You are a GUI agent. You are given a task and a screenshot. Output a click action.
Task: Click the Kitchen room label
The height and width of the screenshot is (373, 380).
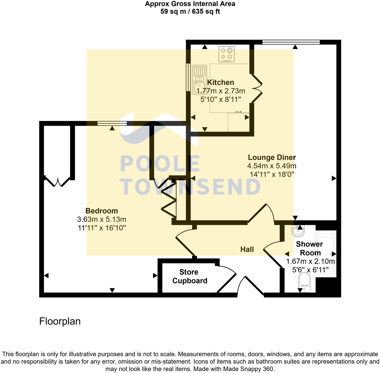pos(221,82)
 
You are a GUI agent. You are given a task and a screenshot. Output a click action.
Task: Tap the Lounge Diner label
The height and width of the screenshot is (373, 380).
pos(272,157)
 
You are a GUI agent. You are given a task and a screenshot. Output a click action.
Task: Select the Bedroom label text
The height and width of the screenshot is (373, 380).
pos(102,211)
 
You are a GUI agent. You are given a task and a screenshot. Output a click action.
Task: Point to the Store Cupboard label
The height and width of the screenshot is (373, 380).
pos(190,276)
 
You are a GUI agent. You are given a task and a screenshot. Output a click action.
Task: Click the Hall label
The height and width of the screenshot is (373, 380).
pos(247,249)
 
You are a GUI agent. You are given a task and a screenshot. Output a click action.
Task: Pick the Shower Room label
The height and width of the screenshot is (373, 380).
pos(309,248)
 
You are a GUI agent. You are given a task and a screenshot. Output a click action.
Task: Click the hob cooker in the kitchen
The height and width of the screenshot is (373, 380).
pos(226,54)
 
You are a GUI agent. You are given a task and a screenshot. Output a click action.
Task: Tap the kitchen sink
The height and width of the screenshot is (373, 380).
pos(199,80)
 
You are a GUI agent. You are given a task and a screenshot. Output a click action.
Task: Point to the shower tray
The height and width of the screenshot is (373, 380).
pos(326,253)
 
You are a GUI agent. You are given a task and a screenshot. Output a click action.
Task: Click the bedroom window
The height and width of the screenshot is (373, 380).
pos(112,123)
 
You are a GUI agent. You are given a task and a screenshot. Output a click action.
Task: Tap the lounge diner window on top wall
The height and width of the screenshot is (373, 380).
pos(291,42)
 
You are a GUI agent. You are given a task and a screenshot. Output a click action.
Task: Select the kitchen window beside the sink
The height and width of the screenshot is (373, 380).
pos(188,77)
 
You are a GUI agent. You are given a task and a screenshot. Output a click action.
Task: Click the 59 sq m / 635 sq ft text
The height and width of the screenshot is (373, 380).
pos(190,12)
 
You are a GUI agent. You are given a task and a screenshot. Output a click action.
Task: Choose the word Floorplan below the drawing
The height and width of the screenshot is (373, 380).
pos(60,321)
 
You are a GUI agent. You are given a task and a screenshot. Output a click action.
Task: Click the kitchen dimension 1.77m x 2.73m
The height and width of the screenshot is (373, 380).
pos(221,91)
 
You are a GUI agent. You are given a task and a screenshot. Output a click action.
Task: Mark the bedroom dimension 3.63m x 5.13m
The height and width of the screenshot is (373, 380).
pos(102,219)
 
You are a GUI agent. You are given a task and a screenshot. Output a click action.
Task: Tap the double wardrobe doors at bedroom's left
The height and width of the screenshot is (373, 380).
pos(57,182)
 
